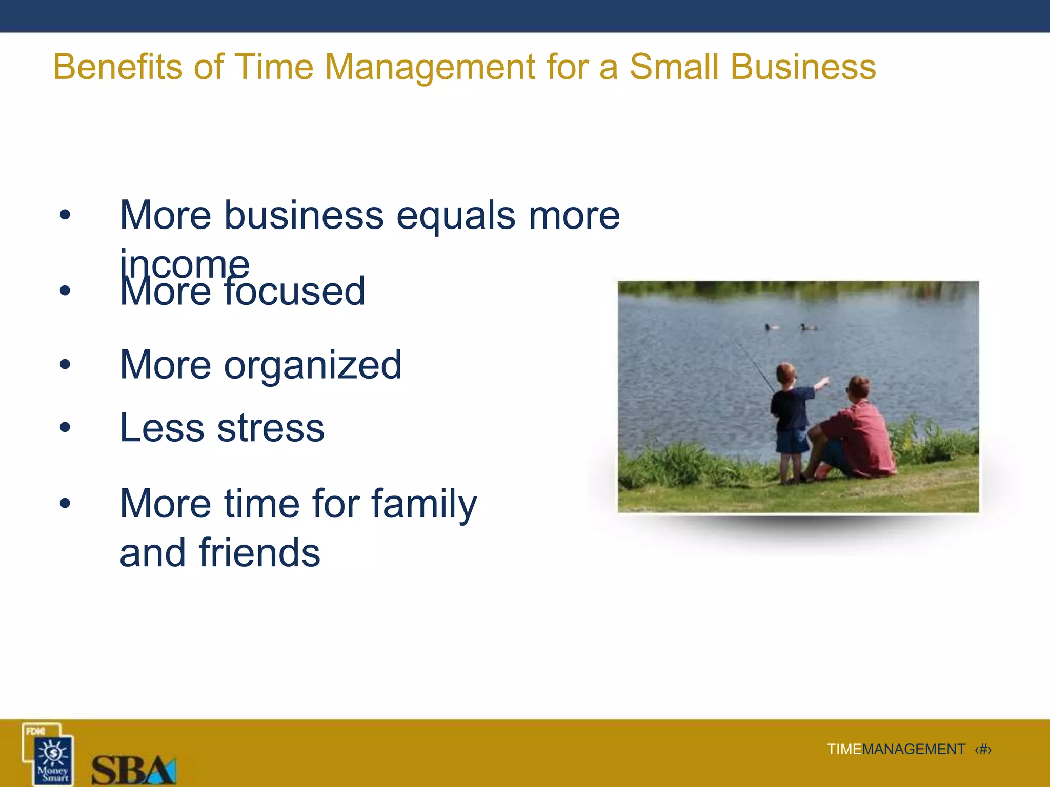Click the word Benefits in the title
(x=117, y=67)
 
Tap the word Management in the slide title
(x=430, y=68)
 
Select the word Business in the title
(x=803, y=67)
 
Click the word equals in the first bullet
(x=456, y=216)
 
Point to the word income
(x=185, y=264)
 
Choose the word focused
(x=295, y=292)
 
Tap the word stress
(x=271, y=428)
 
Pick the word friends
(x=259, y=553)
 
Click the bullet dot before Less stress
(x=65, y=427)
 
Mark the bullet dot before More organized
(x=65, y=364)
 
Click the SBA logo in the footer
(x=133, y=770)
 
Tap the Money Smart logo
(x=49, y=754)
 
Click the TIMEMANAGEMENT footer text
(x=896, y=750)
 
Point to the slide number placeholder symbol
(x=983, y=750)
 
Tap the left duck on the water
(x=772, y=327)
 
